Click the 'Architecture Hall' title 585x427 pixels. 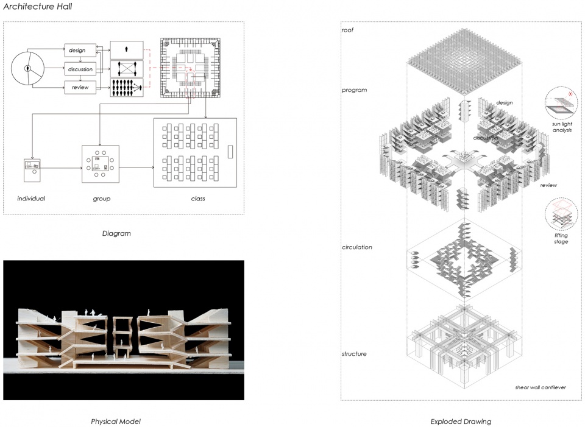38,6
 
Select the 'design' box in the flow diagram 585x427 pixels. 80,50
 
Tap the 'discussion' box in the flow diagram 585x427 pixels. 80,69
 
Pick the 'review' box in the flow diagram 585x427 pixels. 80,87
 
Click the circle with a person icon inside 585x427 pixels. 27,69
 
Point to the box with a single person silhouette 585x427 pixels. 127,49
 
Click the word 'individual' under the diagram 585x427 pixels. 31,199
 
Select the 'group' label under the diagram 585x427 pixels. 102,199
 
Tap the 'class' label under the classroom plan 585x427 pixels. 197,199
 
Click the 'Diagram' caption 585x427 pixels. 116,233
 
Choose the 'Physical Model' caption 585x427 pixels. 116,422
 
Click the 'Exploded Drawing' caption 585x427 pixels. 461,422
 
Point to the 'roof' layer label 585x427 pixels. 347,30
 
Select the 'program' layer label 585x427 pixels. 354,90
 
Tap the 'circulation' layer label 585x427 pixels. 356,247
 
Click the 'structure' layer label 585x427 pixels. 354,353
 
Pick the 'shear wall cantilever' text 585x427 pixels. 541,387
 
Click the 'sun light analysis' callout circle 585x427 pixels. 561,102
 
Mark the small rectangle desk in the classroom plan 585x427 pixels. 230,152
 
